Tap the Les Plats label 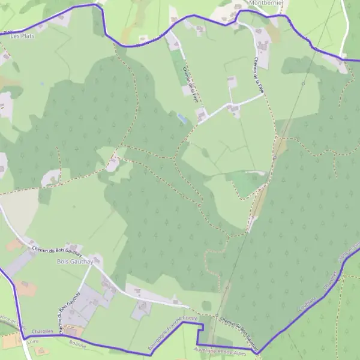(23, 36)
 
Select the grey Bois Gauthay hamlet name (71, 262)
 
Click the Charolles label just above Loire (41, 331)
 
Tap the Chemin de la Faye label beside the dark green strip (190, 84)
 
